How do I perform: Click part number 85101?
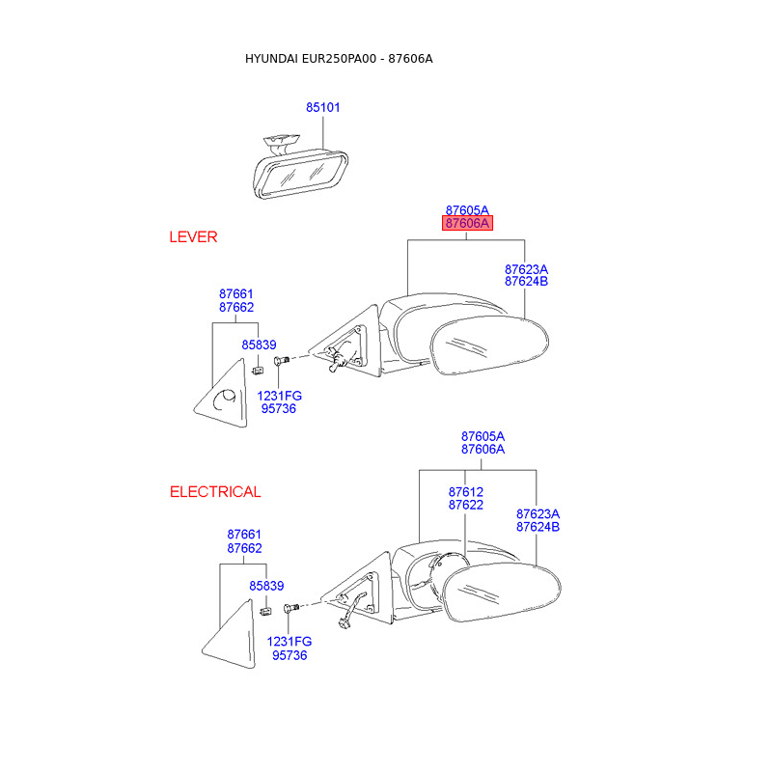pos(323,107)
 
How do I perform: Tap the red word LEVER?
pos(193,236)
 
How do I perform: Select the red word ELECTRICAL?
pos(215,492)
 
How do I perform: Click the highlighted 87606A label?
pos(468,224)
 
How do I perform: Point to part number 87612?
pos(466,492)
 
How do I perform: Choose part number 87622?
pos(466,505)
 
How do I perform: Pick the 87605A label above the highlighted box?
pos(468,209)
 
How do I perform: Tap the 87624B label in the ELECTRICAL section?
pos(538,527)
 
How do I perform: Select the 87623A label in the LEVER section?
pos(526,269)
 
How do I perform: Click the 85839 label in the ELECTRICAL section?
pos(266,586)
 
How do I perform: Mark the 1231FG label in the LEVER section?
pos(280,396)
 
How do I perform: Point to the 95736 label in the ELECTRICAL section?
pos(289,655)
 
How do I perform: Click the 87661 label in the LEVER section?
pos(236,294)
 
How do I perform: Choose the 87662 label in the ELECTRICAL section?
pos(245,548)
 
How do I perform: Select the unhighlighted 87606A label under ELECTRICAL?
pos(482,450)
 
